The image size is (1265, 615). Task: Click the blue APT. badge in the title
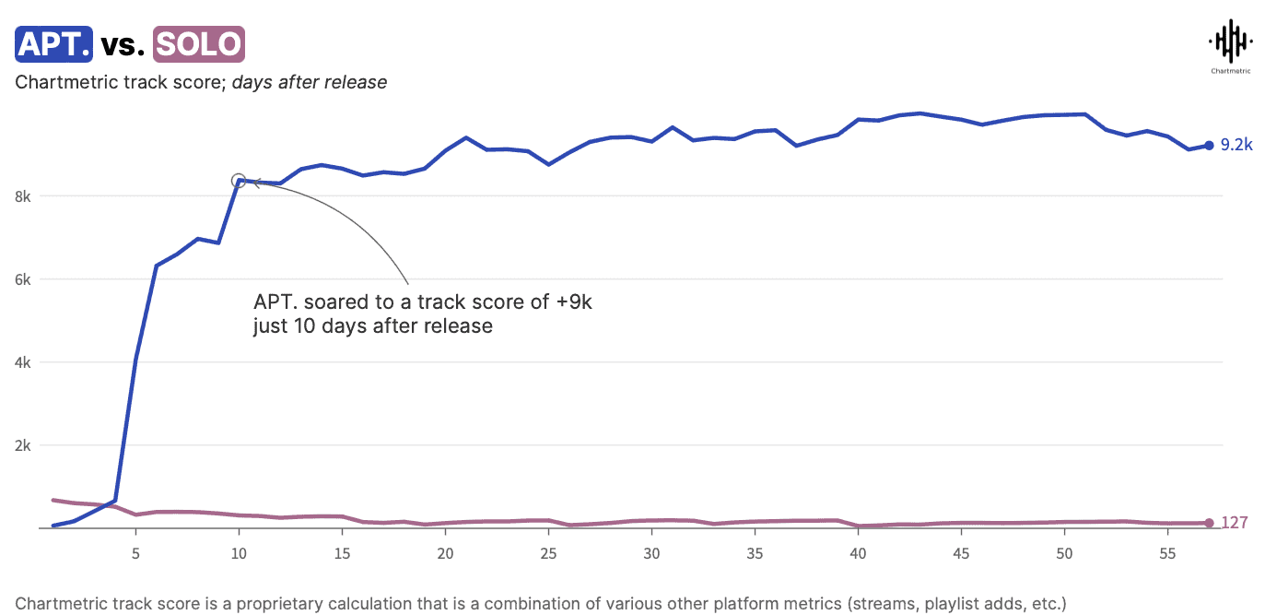point(53,43)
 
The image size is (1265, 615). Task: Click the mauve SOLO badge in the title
point(198,43)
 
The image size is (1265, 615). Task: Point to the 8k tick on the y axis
point(22,196)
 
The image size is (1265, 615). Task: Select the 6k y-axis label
point(22,279)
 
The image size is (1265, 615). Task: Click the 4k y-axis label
point(22,362)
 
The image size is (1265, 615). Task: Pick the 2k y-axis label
point(22,445)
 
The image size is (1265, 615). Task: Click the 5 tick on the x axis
point(135,554)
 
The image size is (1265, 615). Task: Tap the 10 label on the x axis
point(239,554)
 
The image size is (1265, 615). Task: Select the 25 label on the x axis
point(548,554)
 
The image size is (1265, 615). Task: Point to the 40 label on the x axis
point(858,554)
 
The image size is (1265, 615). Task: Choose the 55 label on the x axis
point(1167,554)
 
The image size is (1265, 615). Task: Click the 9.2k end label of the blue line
point(1236,145)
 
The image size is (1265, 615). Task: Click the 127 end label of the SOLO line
point(1235,523)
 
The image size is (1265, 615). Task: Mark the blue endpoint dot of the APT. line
point(1209,145)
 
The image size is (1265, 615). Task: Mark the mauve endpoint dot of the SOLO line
point(1209,523)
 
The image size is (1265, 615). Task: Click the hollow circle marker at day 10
point(239,181)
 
